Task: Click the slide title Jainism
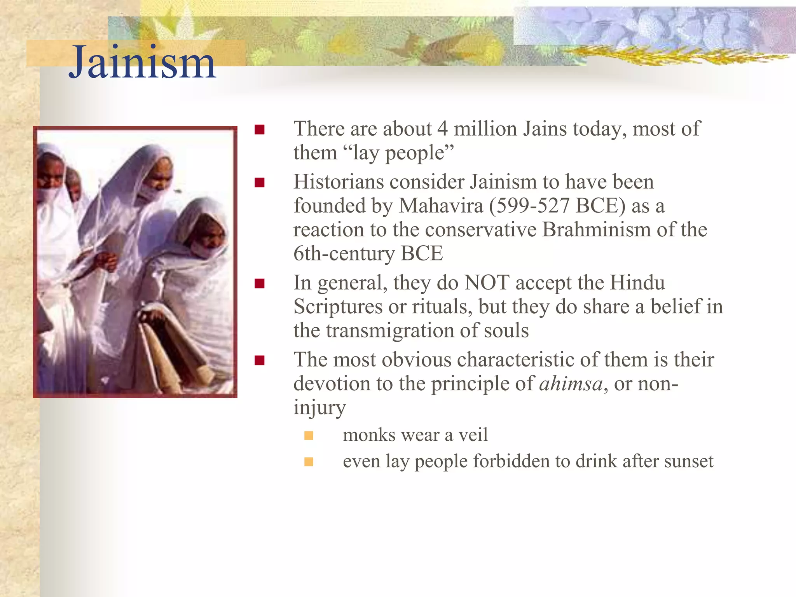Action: tap(142, 62)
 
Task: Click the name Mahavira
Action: tap(441, 206)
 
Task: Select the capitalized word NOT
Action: tap(487, 283)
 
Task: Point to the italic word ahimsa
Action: tap(571, 384)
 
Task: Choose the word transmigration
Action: tap(390, 331)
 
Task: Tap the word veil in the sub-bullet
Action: tap(473, 435)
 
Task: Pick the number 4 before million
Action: tap(442, 129)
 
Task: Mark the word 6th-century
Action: tap(344, 253)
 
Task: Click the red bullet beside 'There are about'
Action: tap(260, 129)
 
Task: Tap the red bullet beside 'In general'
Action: tap(260, 283)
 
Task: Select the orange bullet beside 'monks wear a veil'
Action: tap(309, 435)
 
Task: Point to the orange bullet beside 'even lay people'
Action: tap(309, 462)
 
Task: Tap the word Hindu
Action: tap(637, 283)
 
